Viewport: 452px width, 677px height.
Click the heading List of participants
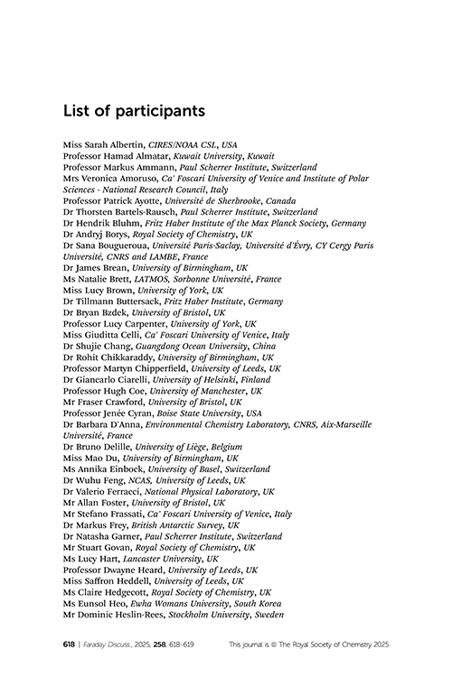(x=135, y=111)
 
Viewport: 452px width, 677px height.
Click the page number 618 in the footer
(x=69, y=645)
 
